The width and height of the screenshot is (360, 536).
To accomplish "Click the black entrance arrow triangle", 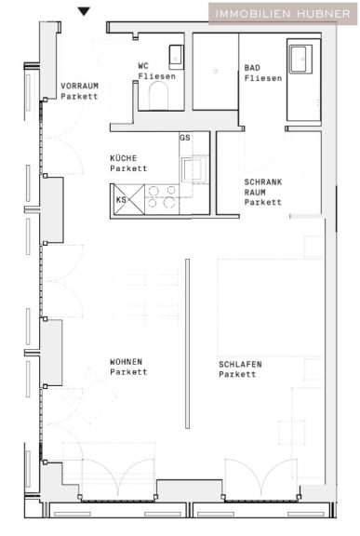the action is pyautogui.click(x=84, y=11).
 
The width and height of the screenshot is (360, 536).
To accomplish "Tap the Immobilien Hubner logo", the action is pyautogui.click(x=283, y=14).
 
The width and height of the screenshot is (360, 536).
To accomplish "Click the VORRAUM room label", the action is pyautogui.click(x=79, y=86).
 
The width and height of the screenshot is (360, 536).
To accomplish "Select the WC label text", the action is pyautogui.click(x=143, y=66).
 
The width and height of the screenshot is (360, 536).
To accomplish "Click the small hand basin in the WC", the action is pyautogui.click(x=176, y=57).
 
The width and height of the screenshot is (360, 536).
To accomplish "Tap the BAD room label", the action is pyautogui.click(x=252, y=68).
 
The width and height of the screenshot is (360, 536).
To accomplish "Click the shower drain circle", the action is pyautogui.click(x=216, y=72).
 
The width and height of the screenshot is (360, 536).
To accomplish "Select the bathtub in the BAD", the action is pyautogui.click(x=303, y=80).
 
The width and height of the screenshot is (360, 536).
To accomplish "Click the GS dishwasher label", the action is pyautogui.click(x=184, y=138).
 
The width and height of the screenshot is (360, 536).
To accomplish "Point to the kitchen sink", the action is pyautogui.click(x=194, y=169).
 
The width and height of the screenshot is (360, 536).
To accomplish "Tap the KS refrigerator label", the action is pyautogui.click(x=121, y=200).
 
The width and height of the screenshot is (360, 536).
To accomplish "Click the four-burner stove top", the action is pyautogui.click(x=162, y=197).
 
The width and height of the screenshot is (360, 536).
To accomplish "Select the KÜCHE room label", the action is pyautogui.click(x=124, y=158).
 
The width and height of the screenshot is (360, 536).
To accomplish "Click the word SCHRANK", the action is pyautogui.click(x=263, y=181).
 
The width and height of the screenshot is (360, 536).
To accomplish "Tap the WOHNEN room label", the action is pyautogui.click(x=126, y=361).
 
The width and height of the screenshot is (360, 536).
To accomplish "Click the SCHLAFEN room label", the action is pyautogui.click(x=240, y=364).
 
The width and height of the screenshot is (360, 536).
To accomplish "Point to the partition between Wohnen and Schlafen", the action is pyautogui.click(x=187, y=343).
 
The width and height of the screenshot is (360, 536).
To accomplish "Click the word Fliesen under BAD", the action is pyautogui.click(x=263, y=78).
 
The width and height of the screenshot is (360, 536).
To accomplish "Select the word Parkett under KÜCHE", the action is pyautogui.click(x=128, y=168).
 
